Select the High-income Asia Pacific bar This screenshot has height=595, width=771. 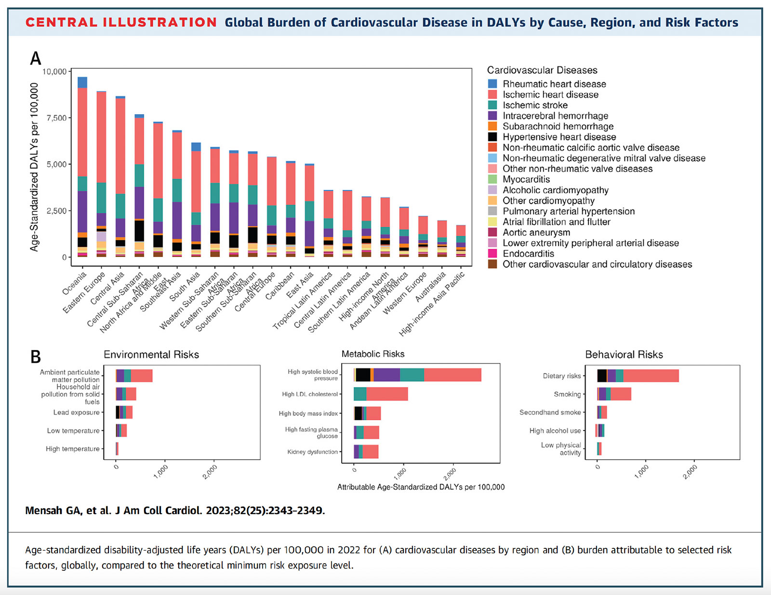[461, 241]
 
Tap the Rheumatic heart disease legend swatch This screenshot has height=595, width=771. [492, 84]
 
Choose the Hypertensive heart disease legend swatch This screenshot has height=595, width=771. [492, 137]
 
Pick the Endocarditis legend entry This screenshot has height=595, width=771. [528, 254]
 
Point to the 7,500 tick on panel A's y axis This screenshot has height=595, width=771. [54, 118]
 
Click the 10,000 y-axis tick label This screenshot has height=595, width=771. [54, 72]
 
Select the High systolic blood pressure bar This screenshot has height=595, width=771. [417, 375]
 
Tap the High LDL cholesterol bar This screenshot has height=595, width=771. [381, 394]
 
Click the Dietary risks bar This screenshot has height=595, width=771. [638, 376]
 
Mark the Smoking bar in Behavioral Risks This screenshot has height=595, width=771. [614, 394]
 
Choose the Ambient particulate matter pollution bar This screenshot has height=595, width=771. [134, 375]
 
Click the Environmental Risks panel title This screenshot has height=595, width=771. [151, 355]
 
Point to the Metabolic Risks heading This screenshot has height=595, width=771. [373, 354]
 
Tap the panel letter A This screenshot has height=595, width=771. [36, 59]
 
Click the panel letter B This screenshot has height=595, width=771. [36, 357]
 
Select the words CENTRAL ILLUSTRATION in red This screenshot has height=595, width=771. [121, 23]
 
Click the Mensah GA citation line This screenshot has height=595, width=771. [175, 511]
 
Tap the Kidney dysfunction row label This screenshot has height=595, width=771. [312, 452]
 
